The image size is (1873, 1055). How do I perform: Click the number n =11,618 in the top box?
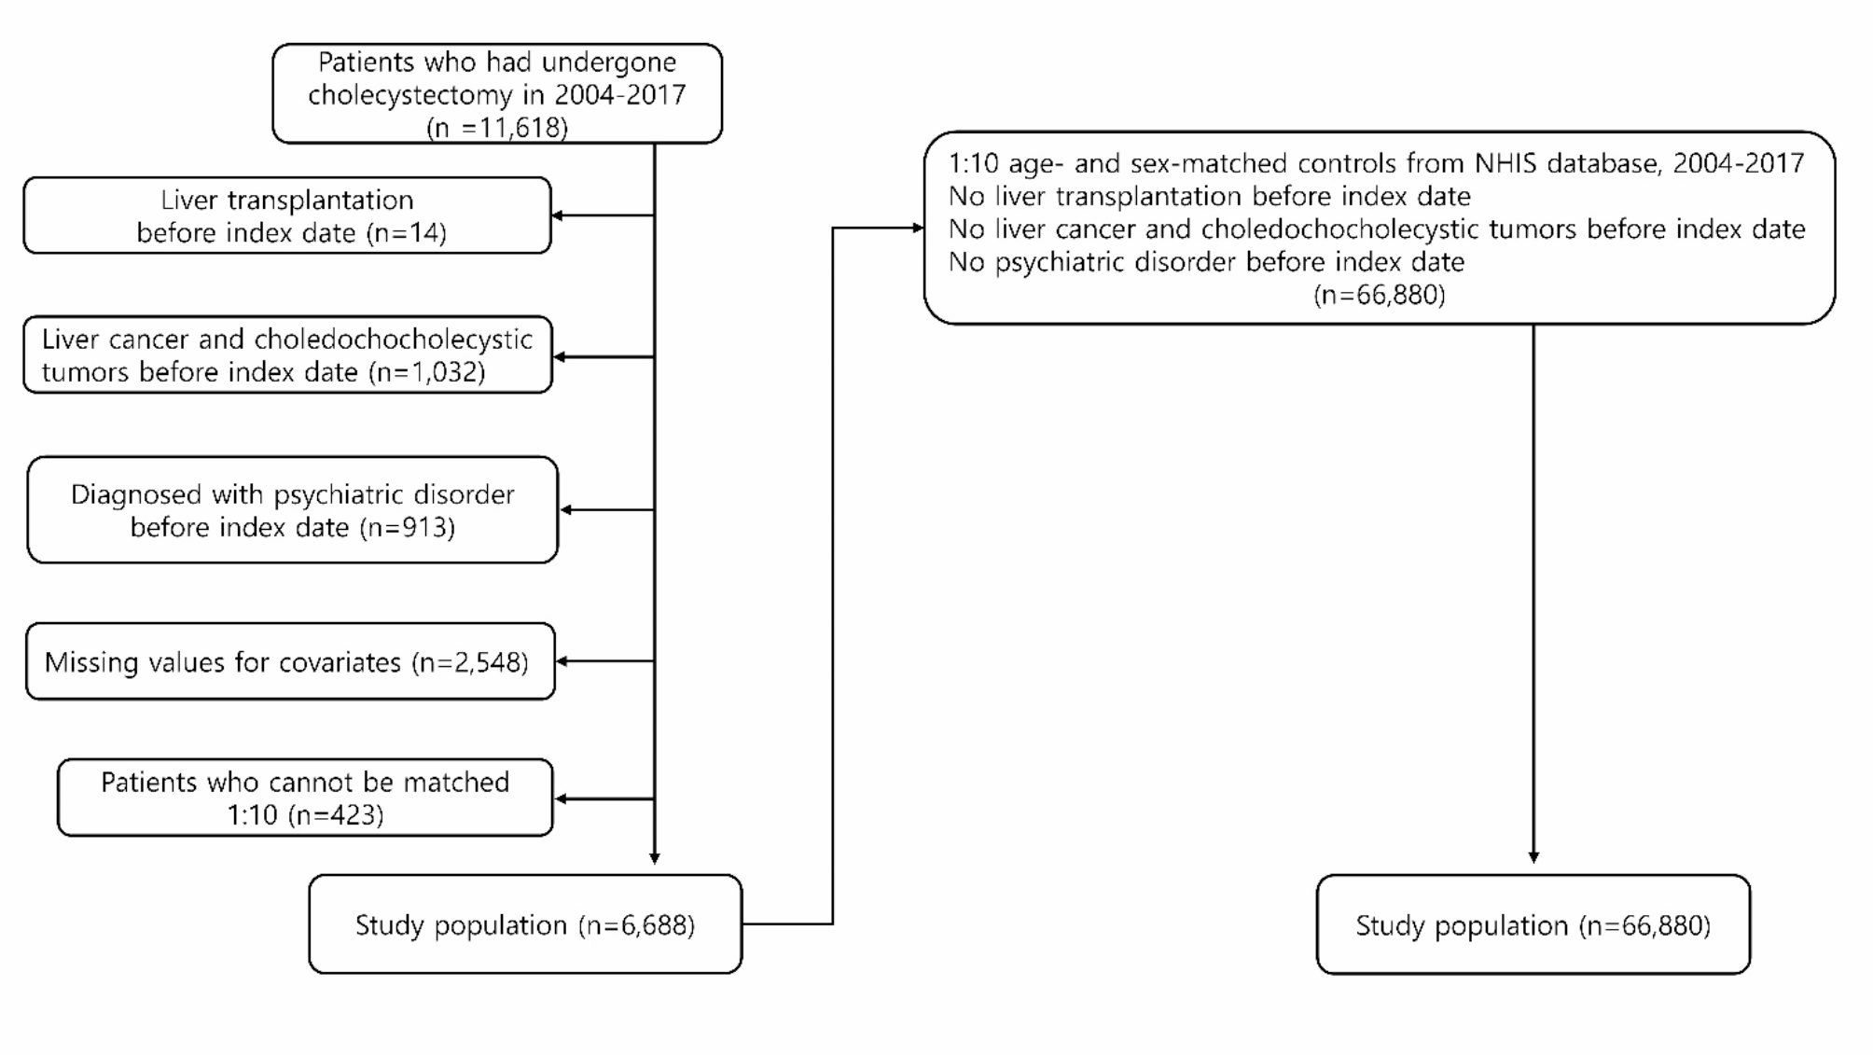click(x=497, y=128)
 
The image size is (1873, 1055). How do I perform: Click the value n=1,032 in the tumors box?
click(x=427, y=372)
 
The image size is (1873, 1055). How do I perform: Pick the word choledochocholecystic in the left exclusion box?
click(x=393, y=340)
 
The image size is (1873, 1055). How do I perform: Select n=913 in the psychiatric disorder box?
click(x=408, y=528)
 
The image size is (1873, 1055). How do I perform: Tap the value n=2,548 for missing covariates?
click(x=471, y=662)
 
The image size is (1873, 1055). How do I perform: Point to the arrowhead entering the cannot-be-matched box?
click(x=561, y=799)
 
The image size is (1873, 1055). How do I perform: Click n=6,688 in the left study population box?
click(x=637, y=925)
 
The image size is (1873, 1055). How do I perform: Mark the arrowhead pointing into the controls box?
click(x=918, y=228)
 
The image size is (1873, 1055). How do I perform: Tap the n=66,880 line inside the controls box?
click(x=1379, y=296)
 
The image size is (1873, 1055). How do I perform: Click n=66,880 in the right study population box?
click(x=1645, y=926)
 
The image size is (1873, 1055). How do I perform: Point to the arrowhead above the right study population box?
click(x=1533, y=857)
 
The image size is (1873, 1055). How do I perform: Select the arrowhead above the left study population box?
click(x=655, y=857)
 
